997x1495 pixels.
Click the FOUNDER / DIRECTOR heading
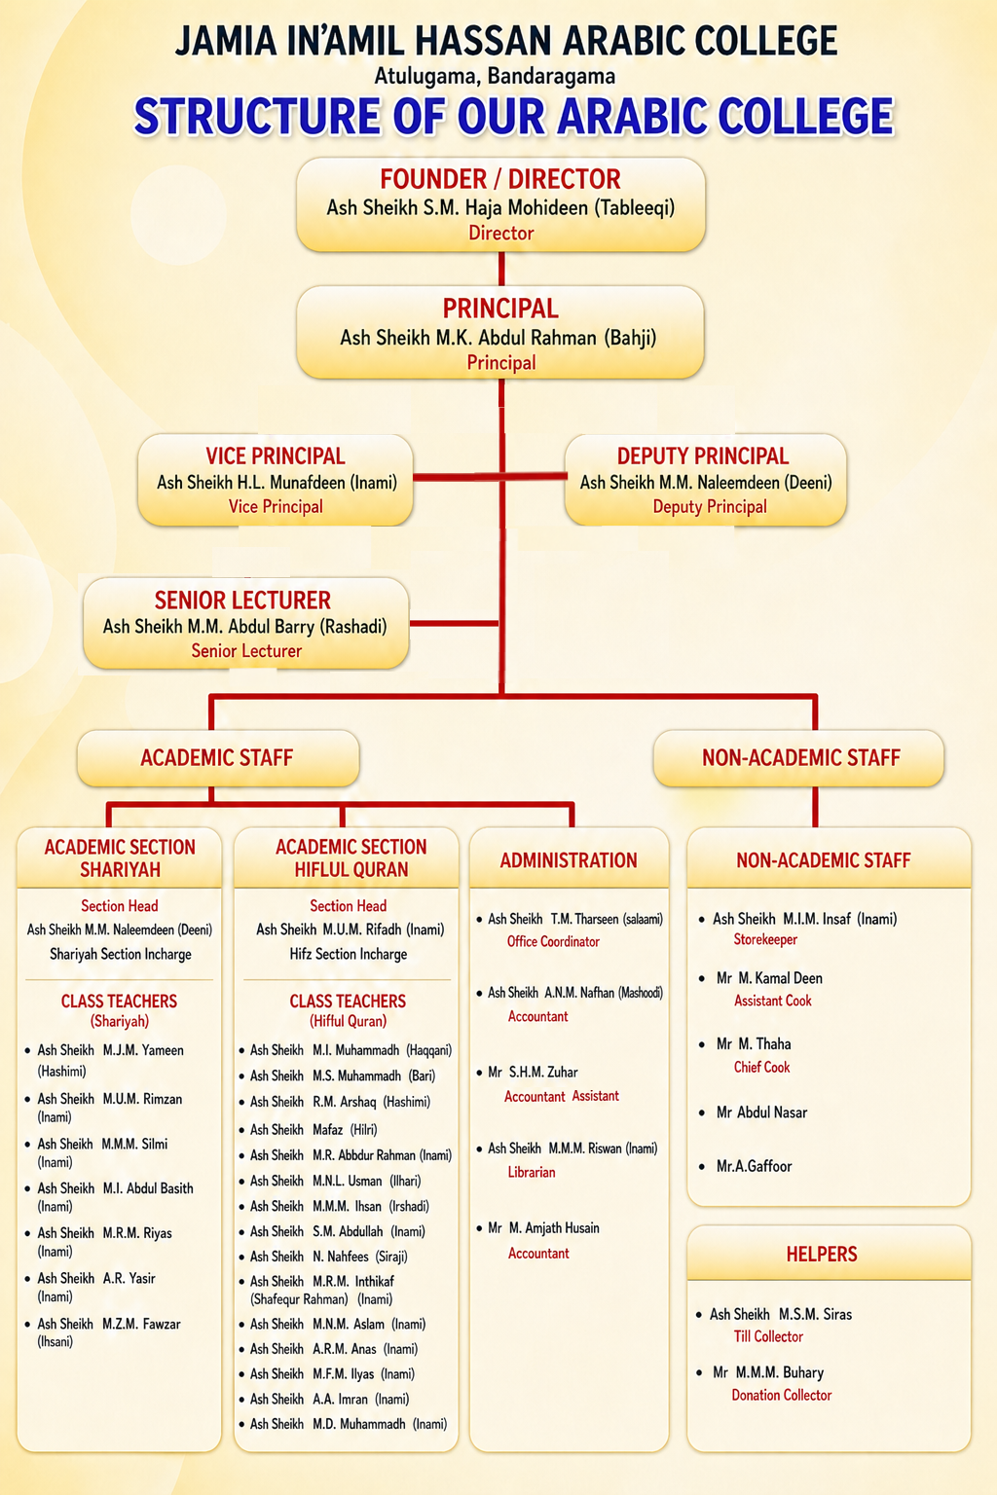500,179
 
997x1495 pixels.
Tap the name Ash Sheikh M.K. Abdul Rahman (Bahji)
498,338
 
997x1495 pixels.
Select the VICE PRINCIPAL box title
276,456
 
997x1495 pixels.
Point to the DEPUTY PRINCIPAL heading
703,456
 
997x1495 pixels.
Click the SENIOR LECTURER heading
242,600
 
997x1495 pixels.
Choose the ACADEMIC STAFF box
218,757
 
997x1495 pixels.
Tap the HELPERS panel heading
822,1254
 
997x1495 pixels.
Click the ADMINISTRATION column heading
569,860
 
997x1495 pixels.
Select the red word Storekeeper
765,939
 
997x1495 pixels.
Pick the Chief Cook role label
762,1067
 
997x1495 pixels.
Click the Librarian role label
532,1172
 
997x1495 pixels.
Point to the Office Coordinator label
553,941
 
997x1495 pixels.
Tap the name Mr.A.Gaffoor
754,1166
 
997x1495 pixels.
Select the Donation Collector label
781,1395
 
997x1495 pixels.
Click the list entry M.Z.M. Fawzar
141,1324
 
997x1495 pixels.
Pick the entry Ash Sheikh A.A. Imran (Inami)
330,1399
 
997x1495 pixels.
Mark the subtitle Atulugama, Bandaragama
495,76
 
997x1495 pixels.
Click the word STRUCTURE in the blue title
257,116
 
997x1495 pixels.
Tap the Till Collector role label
768,1336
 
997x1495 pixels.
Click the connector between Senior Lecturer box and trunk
454,623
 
